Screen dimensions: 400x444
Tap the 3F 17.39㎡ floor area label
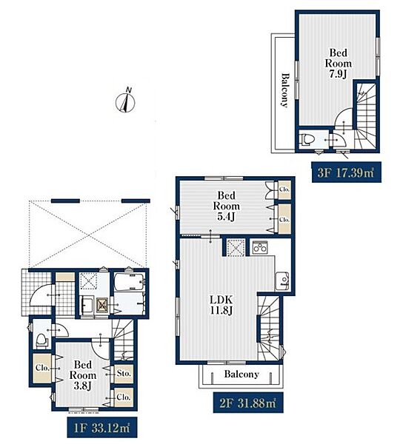(x=346, y=172)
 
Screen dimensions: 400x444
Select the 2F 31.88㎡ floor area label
(x=248, y=403)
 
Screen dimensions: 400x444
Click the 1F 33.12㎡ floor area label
(x=102, y=427)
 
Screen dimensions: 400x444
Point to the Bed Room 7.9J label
(x=339, y=63)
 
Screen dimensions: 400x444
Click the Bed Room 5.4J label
(x=226, y=206)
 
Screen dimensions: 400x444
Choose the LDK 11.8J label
(x=221, y=305)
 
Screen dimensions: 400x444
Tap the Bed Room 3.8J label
(x=83, y=375)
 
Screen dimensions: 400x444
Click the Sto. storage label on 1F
(x=124, y=374)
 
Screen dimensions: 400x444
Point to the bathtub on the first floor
(x=129, y=282)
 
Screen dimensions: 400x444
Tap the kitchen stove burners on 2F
(x=260, y=247)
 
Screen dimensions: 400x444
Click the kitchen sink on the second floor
(x=281, y=281)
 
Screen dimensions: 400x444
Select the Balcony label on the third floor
(x=285, y=90)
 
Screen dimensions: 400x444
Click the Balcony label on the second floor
(x=241, y=374)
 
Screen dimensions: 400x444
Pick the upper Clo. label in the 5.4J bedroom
(x=284, y=189)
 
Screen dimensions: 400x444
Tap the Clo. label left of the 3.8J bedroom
(x=42, y=368)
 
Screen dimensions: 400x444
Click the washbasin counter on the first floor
(x=87, y=305)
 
